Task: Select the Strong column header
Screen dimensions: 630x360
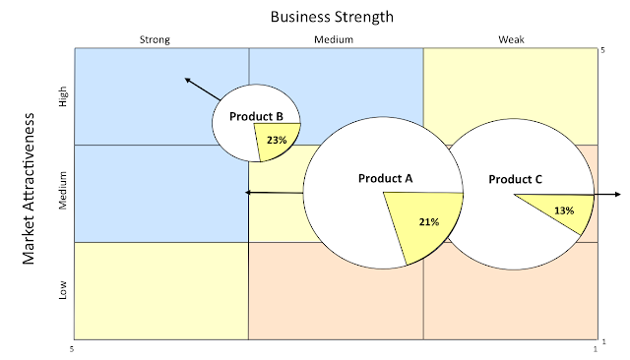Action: click(x=156, y=40)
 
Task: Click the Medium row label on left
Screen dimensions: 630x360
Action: click(x=64, y=193)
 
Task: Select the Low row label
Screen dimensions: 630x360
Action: click(x=64, y=290)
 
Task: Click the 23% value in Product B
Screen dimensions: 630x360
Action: click(x=276, y=140)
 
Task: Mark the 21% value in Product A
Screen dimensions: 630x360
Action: click(x=427, y=221)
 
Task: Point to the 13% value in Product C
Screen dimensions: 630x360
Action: click(x=564, y=210)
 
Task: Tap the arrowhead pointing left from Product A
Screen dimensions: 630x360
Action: click(x=247, y=193)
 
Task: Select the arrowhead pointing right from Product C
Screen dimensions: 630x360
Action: click(x=616, y=195)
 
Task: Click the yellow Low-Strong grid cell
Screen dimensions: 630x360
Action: click(x=160, y=290)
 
